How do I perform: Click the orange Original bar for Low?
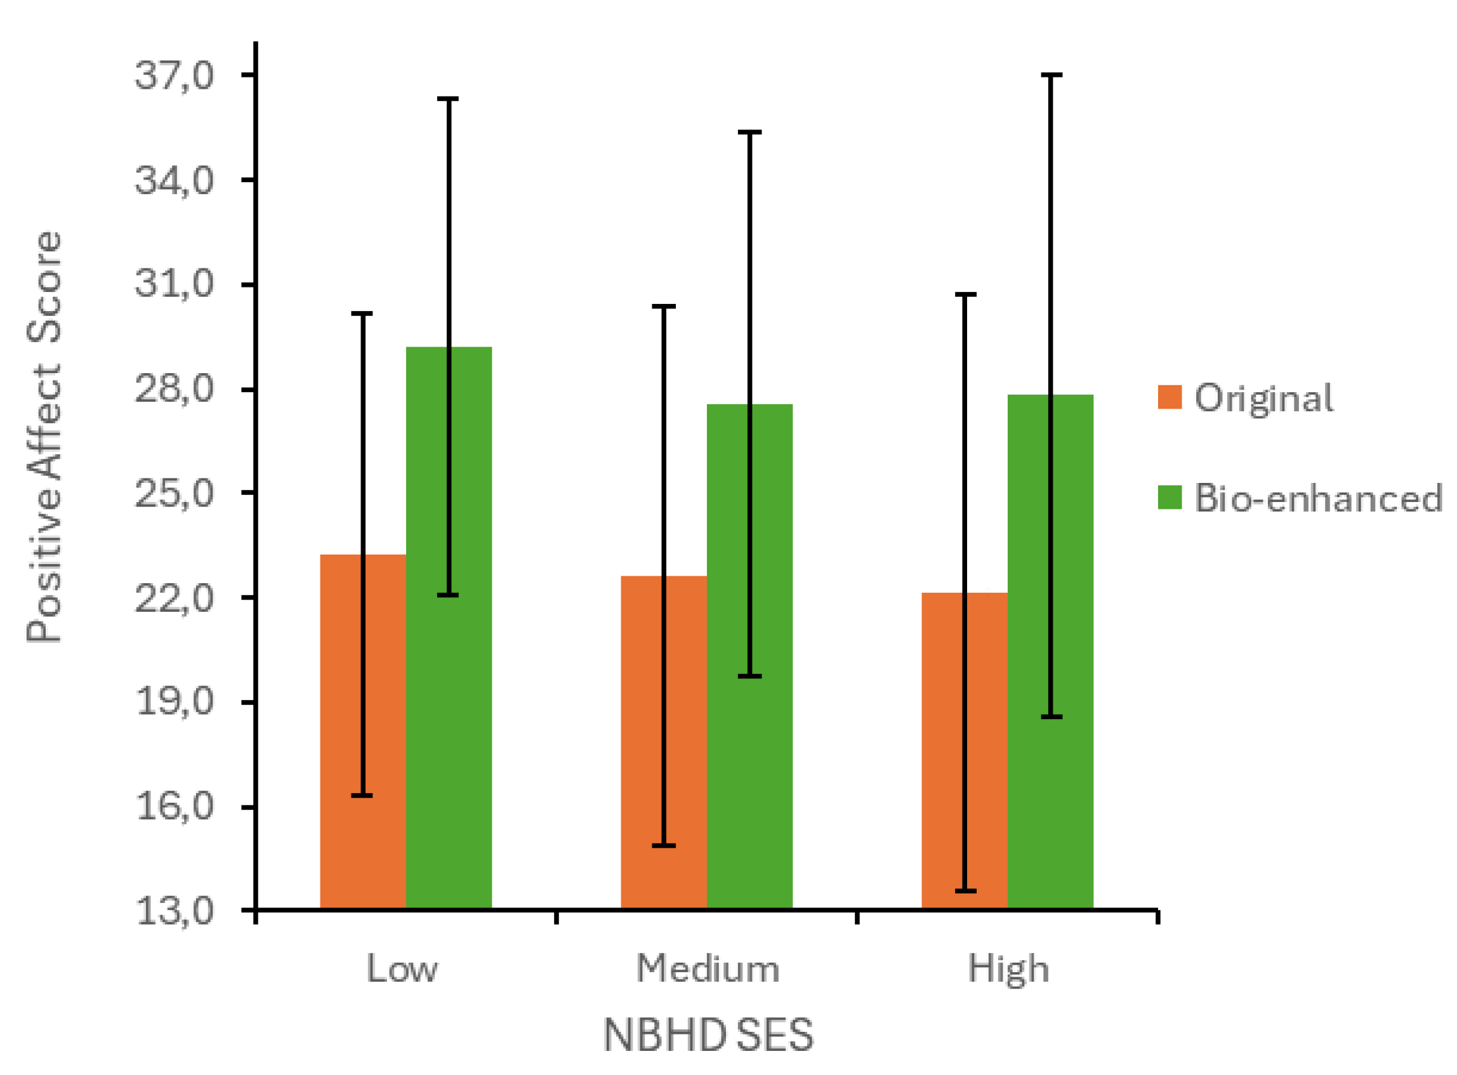pos(342,732)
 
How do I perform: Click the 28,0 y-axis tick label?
pos(175,389)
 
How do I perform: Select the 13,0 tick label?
pos(175,911)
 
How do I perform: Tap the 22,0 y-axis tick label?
pos(175,597)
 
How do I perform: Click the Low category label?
pos(402,969)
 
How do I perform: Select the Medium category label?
pos(708,969)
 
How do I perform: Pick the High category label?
pos(1008,970)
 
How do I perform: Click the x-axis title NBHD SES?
pos(708,1035)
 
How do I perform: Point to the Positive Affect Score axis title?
pos(44,437)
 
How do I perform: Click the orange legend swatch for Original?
pos(1170,397)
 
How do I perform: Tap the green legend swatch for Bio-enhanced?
pos(1170,498)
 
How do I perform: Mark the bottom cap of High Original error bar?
pos(965,891)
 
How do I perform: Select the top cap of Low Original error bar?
pos(362,313)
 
